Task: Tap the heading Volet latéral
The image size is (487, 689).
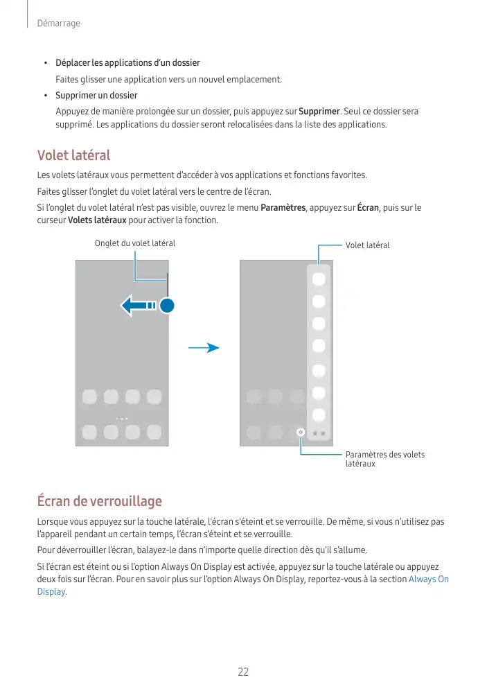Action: click(x=73, y=155)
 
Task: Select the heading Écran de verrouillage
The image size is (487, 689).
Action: click(x=99, y=500)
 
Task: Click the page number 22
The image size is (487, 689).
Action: click(x=243, y=672)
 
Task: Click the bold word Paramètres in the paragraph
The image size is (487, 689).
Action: click(x=283, y=207)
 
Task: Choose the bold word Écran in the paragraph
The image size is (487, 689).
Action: click(x=367, y=207)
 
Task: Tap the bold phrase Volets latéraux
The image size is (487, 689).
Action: click(x=97, y=220)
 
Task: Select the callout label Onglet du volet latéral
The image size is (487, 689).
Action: click(x=134, y=243)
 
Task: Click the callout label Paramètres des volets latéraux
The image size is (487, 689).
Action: click(x=384, y=459)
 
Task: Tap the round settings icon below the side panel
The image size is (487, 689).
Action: click(x=300, y=432)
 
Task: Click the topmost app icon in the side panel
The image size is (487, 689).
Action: click(x=319, y=279)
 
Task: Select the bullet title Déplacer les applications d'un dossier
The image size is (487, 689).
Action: click(x=127, y=64)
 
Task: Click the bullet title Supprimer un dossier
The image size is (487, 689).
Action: click(x=96, y=95)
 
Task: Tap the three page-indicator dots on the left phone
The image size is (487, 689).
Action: click(x=122, y=418)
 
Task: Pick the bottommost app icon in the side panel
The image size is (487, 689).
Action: click(x=319, y=415)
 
